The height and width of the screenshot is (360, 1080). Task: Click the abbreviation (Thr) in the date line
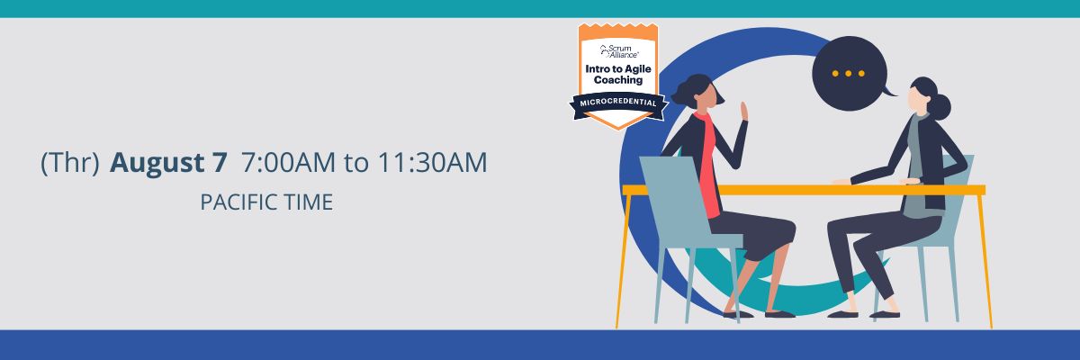(70, 162)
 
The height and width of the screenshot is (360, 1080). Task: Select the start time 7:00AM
(288, 162)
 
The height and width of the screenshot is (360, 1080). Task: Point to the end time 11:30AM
(432, 162)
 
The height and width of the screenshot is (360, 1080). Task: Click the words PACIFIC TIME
(266, 202)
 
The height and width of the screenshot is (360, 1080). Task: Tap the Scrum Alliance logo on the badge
(618, 51)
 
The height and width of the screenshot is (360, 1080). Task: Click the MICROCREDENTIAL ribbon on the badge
(618, 103)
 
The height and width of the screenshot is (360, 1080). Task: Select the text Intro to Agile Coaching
(618, 75)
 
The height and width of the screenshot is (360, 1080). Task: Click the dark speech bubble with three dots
(850, 73)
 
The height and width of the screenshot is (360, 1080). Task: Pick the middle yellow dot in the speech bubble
(848, 74)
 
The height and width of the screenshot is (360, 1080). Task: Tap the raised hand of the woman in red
(744, 112)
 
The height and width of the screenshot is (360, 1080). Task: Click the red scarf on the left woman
(709, 164)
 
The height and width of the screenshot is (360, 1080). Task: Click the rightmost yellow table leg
(985, 260)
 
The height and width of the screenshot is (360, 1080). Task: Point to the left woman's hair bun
(679, 93)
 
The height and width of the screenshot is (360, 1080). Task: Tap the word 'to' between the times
(356, 163)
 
